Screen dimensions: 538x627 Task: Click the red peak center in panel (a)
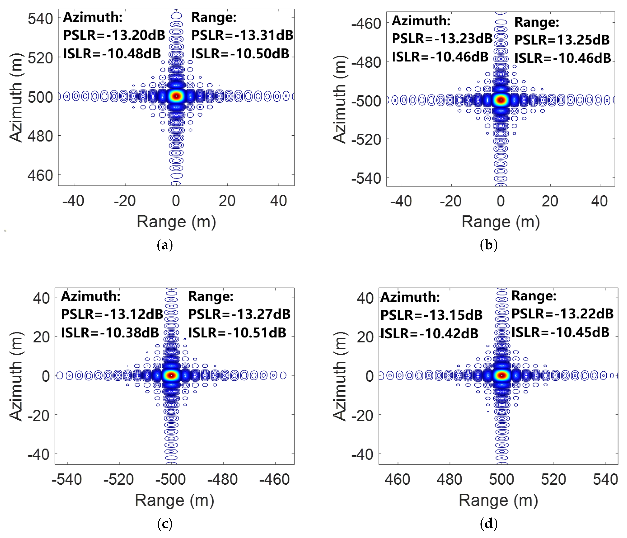click(176, 96)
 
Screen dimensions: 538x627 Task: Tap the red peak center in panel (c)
click(171, 375)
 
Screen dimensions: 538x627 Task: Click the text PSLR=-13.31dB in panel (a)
click(242, 35)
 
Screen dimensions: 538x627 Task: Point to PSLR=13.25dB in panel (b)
click(562, 40)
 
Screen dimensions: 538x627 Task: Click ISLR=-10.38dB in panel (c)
click(110, 333)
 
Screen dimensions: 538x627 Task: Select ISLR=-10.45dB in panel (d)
click(560, 332)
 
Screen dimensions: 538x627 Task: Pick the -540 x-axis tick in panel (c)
click(67, 480)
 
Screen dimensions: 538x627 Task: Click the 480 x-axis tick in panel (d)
click(449, 480)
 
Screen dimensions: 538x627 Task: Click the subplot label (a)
click(165, 245)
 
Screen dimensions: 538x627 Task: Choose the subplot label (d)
click(489, 524)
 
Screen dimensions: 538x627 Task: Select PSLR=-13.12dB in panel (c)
click(112, 314)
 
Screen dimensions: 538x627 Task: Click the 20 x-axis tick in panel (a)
click(227, 201)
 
